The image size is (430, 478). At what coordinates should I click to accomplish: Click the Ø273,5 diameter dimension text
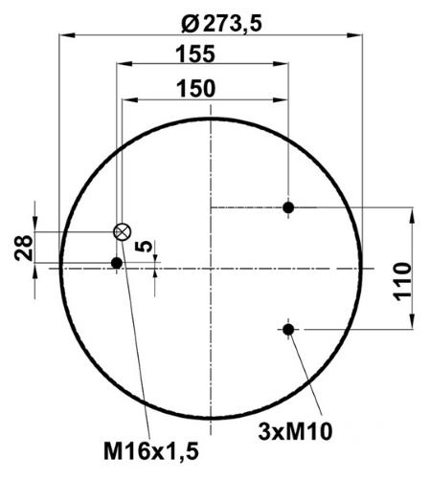[x=221, y=24]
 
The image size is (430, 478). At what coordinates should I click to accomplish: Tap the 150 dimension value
[x=196, y=89]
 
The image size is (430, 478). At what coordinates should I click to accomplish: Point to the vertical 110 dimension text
[x=402, y=281]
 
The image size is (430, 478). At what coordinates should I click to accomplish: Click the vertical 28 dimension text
[x=24, y=248]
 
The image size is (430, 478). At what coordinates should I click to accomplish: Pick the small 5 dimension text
[x=146, y=246]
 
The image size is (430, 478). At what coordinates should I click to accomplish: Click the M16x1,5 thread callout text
[x=151, y=451]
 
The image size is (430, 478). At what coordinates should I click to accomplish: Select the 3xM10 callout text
[x=295, y=432]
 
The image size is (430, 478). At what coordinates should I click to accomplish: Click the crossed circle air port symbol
[x=123, y=231]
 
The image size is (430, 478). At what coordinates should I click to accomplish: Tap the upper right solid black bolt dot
[x=288, y=207]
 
